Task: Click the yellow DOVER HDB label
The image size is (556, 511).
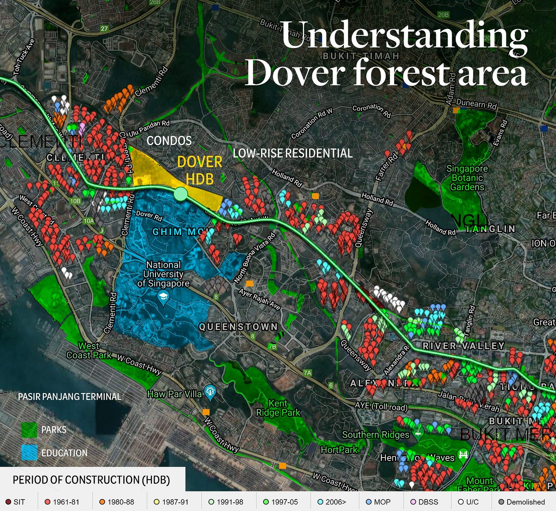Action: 200,170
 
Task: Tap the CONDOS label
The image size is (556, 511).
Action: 169,141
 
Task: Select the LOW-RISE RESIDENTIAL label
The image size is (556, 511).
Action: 293,153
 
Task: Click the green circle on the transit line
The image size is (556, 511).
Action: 181,194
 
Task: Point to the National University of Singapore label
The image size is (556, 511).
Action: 163,274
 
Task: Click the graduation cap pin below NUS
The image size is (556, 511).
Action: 163,297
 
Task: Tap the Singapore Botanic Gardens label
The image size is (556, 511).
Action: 467,178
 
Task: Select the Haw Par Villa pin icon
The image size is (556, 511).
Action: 210,392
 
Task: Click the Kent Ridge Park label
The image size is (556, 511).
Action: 278,408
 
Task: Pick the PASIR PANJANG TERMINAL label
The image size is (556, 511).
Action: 69,397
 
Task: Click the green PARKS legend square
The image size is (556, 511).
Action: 29,430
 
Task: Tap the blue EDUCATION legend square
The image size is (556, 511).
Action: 29,453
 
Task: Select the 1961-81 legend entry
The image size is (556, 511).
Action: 62,502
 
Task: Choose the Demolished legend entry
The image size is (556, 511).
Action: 522,502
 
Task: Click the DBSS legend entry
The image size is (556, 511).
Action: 424,502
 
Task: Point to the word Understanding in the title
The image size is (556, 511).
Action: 404,35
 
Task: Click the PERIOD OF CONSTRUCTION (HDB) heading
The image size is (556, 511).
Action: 91,480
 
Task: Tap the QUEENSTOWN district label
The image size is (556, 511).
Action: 238,327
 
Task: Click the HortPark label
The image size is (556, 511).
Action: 339,450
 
